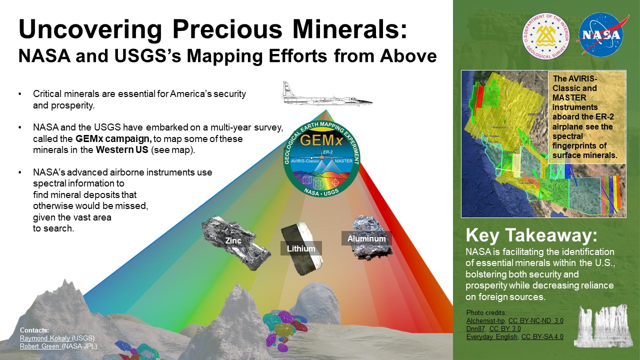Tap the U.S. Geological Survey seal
[545, 36]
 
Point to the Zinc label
[233, 241]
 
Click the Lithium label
[301, 248]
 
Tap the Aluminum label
[366, 238]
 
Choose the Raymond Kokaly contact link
[45, 338]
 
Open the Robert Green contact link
[40, 346]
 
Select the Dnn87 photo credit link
[475, 329]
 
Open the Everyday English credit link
[491, 337]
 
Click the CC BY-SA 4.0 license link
[542, 337]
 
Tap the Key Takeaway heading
[531, 235]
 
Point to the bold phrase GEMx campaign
[113, 139]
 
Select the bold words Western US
[122, 149]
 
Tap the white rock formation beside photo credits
[603, 325]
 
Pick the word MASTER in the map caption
[569, 97]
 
